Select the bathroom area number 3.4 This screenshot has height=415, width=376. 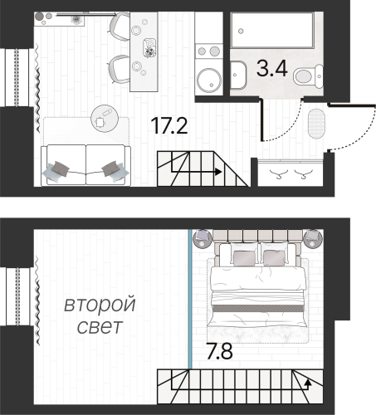(271, 68)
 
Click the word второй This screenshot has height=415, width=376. (100, 305)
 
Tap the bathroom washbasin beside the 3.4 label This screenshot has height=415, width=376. (237, 75)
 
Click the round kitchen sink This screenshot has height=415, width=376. (208, 80)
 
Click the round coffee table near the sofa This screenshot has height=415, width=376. (103, 119)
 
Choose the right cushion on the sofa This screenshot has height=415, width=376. (110, 168)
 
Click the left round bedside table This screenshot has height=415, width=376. (202, 239)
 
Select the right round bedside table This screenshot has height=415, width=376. (314, 239)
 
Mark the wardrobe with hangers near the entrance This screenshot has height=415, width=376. (291, 173)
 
